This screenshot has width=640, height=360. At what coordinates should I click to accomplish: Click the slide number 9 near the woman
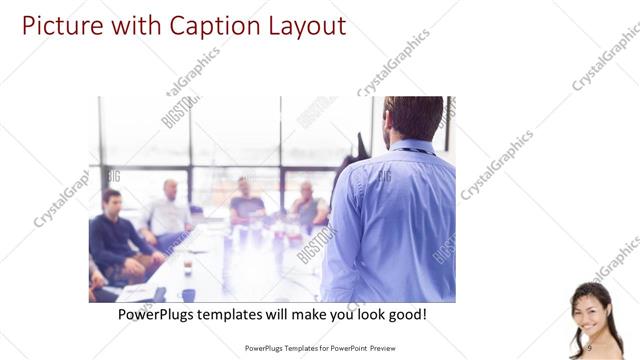(589, 347)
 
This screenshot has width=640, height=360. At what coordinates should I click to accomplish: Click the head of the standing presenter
(412, 117)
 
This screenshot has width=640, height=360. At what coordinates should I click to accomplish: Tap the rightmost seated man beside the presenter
(306, 205)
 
